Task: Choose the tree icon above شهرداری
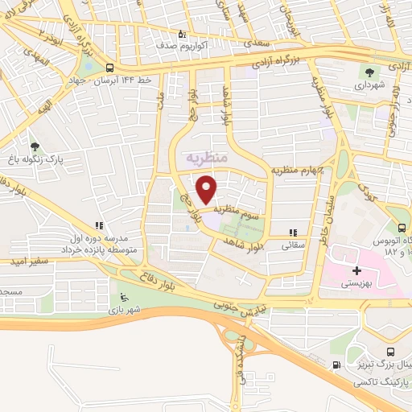373,70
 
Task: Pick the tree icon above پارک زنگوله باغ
34,146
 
